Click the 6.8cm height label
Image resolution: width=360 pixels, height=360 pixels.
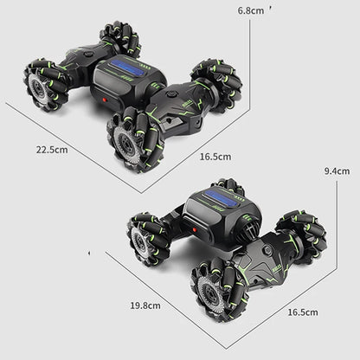[252, 10]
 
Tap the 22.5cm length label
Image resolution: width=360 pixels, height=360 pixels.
[52, 149]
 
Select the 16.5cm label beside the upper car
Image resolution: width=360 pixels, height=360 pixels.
[215, 157]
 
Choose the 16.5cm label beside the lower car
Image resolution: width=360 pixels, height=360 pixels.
[302, 312]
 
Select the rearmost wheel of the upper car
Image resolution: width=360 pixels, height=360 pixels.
[120, 38]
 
